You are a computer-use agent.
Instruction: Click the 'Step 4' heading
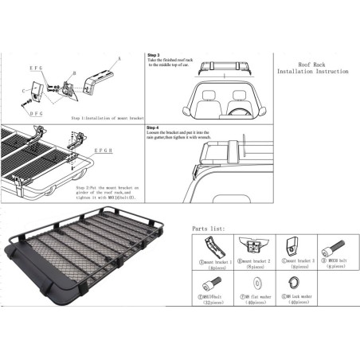click(x=154, y=127)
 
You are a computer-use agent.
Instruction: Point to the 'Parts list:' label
click(x=210, y=229)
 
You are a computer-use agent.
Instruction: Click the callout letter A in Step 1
click(x=120, y=58)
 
